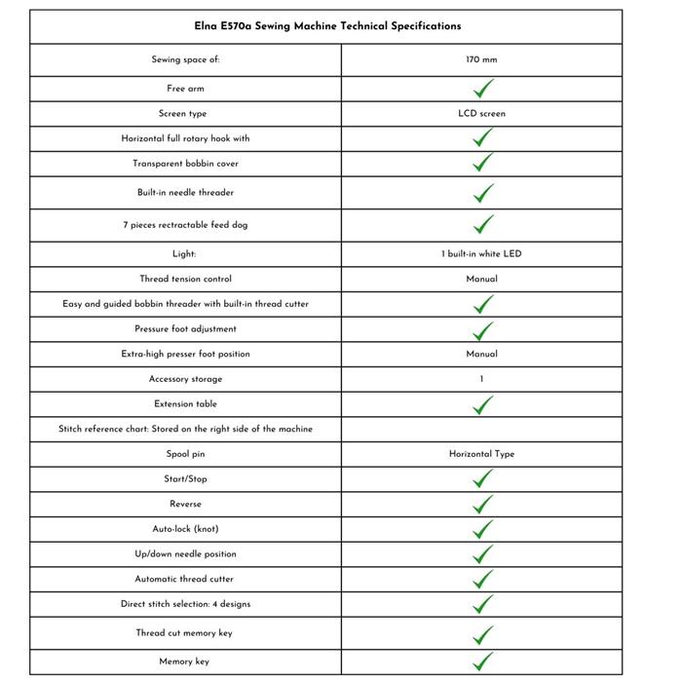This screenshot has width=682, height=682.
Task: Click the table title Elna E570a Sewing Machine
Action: click(x=326, y=26)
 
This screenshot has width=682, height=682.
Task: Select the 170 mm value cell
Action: click(x=481, y=59)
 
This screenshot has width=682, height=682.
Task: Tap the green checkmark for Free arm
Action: click(x=482, y=89)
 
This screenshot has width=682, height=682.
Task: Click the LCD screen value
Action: click(x=481, y=113)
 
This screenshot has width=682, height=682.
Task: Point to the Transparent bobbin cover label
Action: click(x=185, y=164)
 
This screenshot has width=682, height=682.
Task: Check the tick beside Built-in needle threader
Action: click(x=482, y=193)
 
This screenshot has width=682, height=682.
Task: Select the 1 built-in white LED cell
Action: click(x=481, y=254)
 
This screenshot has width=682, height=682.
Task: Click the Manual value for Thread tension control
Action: click(x=481, y=279)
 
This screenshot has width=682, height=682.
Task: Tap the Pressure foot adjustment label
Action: click(x=185, y=329)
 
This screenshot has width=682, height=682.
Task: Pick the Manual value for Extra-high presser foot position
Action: click(x=481, y=354)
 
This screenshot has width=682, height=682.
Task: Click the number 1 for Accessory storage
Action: click(x=481, y=379)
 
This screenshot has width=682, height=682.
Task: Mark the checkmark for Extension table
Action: click(x=482, y=404)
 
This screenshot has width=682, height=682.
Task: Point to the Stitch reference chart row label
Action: click(x=185, y=429)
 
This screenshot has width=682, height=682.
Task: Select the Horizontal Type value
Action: click(x=481, y=454)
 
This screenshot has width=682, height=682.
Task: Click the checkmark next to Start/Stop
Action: click(x=482, y=478)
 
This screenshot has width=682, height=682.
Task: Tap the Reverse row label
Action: click(x=185, y=504)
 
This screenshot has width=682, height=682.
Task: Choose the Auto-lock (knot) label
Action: click(x=185, y=529)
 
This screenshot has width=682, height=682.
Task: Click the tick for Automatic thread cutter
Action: click(x=482, y=579)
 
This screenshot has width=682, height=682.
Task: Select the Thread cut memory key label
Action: click(x=185, y=633)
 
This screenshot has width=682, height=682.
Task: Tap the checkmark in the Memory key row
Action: click(x=482, y=663)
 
